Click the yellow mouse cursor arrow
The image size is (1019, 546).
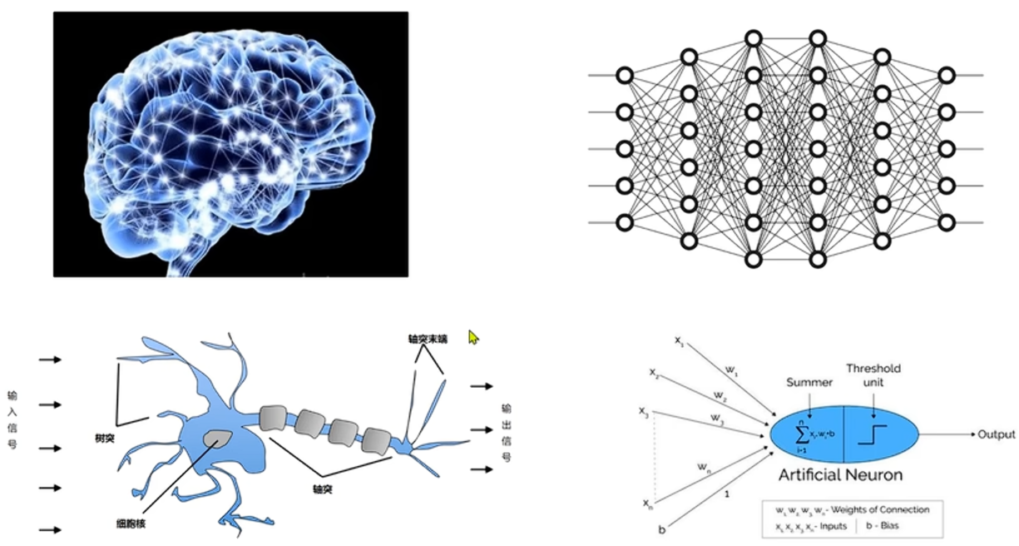click(473, 337)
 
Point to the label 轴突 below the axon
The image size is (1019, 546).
click(322, 490)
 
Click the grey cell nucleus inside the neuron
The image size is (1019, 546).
click(220, 437)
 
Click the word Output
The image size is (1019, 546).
click(996, 434)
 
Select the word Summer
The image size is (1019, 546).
click(809, 382)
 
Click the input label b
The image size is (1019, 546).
click(661, 529)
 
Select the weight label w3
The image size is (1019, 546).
click(716, 417)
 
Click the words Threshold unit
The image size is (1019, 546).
click(873, 375)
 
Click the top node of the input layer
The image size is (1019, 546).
click(624, 75)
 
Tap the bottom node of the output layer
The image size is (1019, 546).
click(946, 222)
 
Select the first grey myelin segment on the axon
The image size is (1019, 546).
click(276, 417)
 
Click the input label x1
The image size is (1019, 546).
click(679, 340)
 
